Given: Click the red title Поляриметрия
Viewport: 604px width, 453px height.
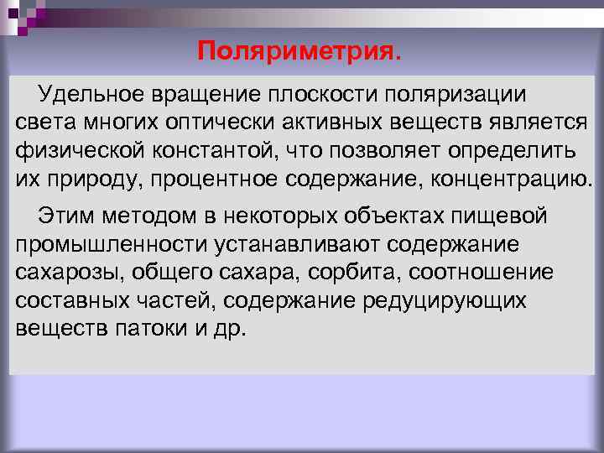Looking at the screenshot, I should pos(299,53).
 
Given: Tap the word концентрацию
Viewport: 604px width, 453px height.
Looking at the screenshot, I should pos(520,180).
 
